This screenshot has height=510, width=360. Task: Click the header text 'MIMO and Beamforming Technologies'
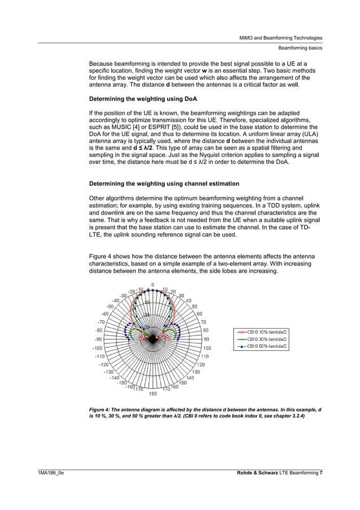click(x=281, y=37)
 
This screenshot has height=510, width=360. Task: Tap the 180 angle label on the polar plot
click(x=152, y=394)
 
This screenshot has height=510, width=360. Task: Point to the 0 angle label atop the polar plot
click(x=152, y=284)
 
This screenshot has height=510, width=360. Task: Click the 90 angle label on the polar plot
click(x=207, y=339)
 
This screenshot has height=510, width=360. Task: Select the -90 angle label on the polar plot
click(x=98, y=339)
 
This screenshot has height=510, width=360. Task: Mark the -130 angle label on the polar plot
click(x=108, y=372)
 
